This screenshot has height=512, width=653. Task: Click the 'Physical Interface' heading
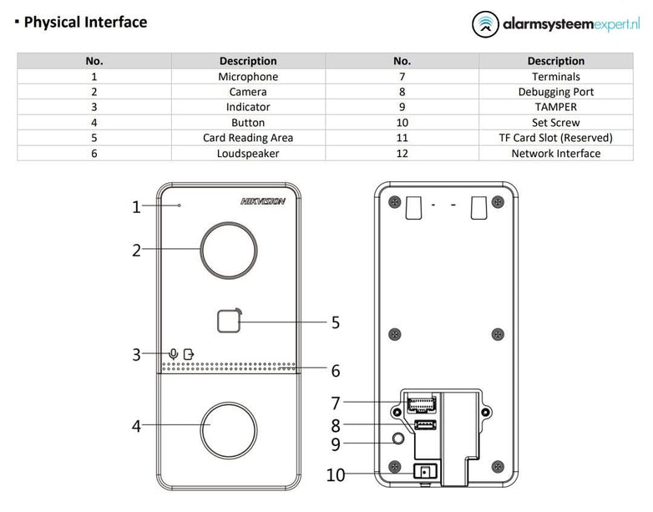pyautogui.click(x=85, y=23)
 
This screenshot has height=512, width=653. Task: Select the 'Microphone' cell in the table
pyautogui.click(x=248, y=77)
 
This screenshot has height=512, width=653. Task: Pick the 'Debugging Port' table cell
pyautogui.click(x=555, y=92)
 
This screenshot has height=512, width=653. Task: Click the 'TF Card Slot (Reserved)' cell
pyautogui.click(x=555, y=138)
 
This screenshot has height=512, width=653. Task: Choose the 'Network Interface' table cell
pyautogui.click(x=555, y=153)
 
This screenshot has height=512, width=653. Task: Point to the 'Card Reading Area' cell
pyautogui.click(x=248, y=138)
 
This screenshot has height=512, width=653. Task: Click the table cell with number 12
pyautogui.click(x=402, y=153)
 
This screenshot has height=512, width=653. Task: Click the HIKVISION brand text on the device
pyautogui.click(x=263, y=201)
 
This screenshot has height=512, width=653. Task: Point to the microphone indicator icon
pyautogui.click(x=173, y=354)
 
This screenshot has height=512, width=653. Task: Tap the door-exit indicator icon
pyautogui.click(x=189, y=354)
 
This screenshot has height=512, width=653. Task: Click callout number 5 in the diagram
pyautogui.click(x=336, y=322)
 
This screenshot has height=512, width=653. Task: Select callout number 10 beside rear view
pyautogui.click(x=335, y=475)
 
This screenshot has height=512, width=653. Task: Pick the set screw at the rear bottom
pyautogui.click(x=425, y=473)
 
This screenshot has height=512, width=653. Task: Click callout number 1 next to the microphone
pyautogui.click(x=137, y=207)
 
